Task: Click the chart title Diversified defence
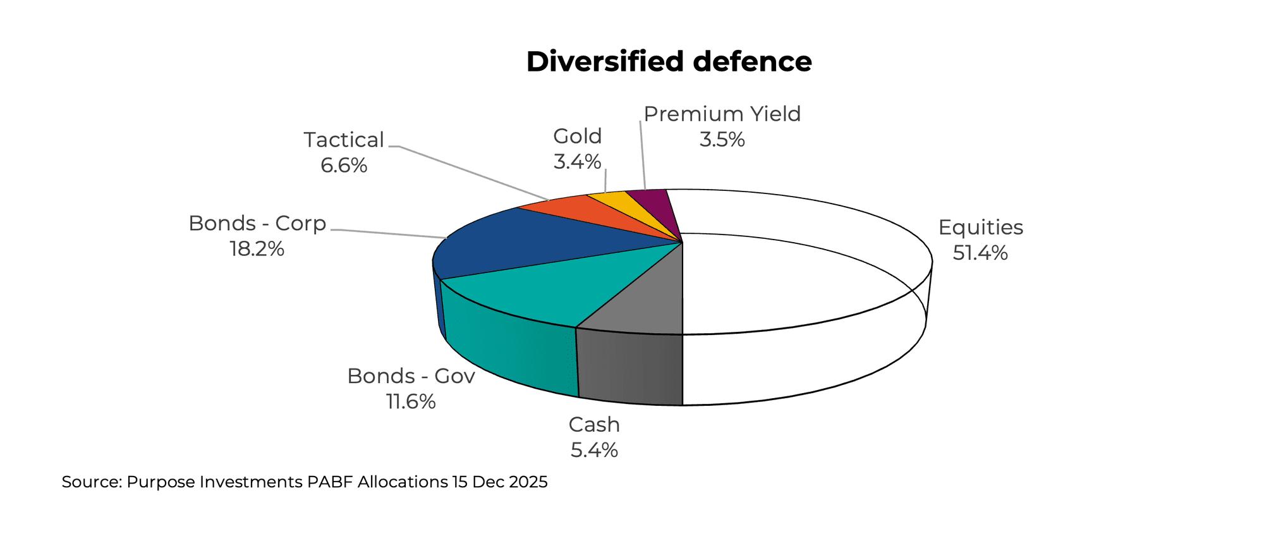(669, 62)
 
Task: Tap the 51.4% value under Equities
(980, 253)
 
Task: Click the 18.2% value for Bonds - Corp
(257, 249)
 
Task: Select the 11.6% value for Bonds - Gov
(411, 401)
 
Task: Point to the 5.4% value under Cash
(594, 450)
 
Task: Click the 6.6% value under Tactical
(344, 166)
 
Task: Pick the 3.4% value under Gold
(577, 162)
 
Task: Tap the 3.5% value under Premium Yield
(722, 139)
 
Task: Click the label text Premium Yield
(722, 114)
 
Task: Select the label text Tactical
(344, 140)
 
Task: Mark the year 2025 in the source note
(527, 482)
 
